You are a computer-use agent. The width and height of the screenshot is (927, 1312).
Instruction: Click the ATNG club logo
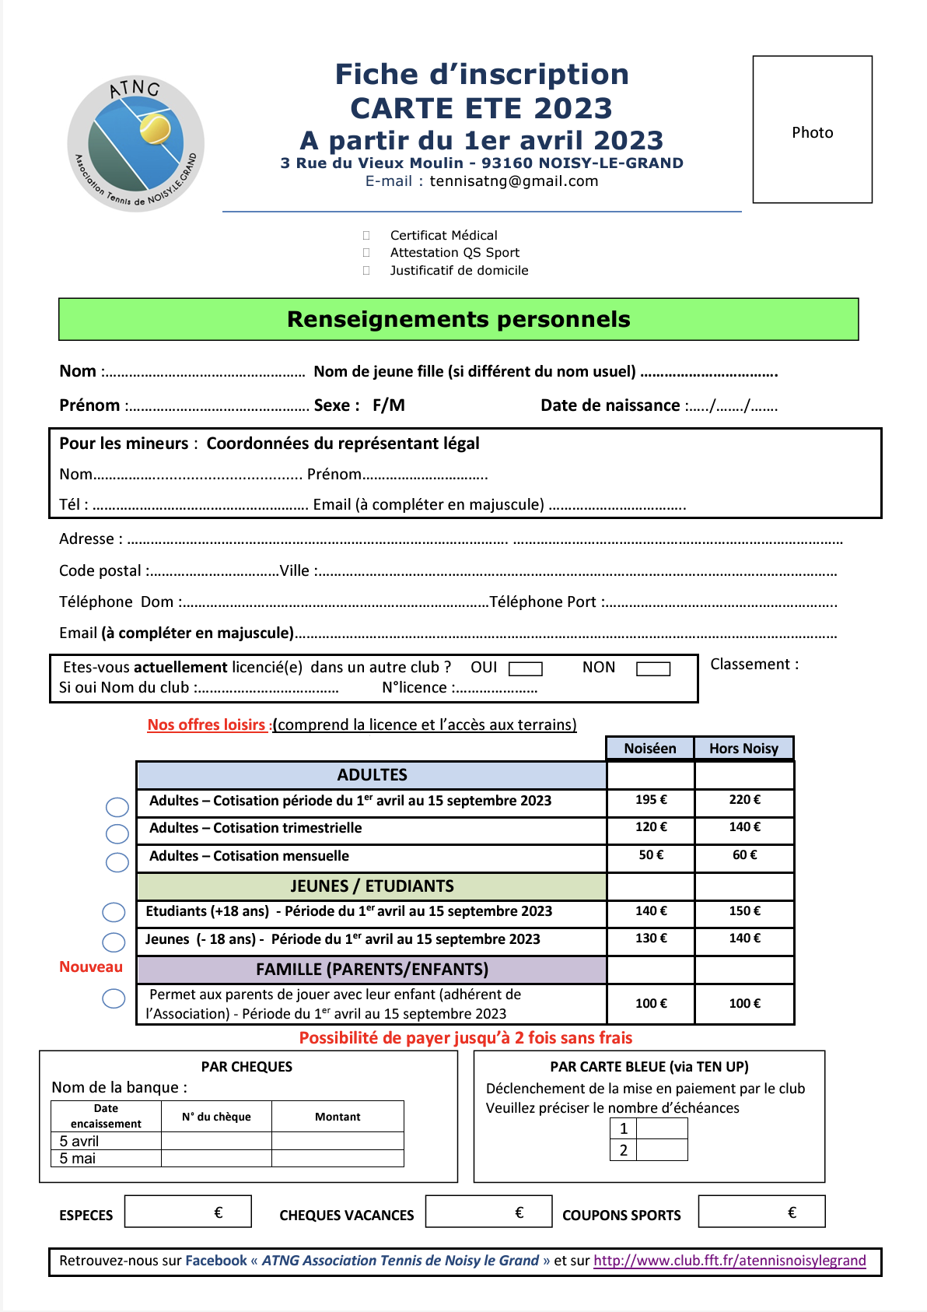click(x=136, y=144)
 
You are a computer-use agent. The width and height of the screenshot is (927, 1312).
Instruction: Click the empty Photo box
click(x=812, y=129)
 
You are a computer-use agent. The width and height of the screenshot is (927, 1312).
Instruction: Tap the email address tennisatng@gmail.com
click(x=513, y=181)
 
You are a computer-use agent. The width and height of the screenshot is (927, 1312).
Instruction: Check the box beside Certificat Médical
click(x=366, y=235)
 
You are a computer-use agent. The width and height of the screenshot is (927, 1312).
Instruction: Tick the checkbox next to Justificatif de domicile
click(x=366, y=271)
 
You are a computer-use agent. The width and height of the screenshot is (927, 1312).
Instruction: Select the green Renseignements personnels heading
click(x=458, y=319)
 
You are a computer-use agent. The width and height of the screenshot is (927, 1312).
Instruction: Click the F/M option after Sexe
click(x=388, y=405)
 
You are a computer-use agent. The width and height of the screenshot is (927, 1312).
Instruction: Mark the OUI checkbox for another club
click(x=525, y=668)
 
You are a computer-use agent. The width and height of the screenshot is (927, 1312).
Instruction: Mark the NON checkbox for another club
click(x=652, y=668)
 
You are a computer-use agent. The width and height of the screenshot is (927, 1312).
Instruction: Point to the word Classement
click(x=750, y=664)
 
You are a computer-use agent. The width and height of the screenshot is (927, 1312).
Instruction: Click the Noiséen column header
click(x=650, y=749)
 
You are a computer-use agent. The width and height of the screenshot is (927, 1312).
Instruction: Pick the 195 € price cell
click(x=650, y=800)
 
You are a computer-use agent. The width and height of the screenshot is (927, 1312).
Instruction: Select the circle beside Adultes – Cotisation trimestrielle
click(x=117, y=834)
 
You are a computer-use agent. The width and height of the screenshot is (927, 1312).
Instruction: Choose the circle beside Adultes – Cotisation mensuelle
click(x=117, y=862)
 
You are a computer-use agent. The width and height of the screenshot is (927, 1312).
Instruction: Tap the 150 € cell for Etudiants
click(x=744, y=911)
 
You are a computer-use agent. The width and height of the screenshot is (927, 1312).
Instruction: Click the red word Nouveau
click(x=91, y=967)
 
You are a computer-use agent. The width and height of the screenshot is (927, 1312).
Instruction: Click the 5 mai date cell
click(x=106, y=1159)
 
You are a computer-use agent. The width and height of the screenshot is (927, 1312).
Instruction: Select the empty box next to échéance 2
click(x=662, y=1150)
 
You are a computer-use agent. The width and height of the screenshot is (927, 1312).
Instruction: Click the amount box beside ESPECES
click(x=187, y=1212)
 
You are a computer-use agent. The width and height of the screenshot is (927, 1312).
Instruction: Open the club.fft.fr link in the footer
click(x=729, y=1261)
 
